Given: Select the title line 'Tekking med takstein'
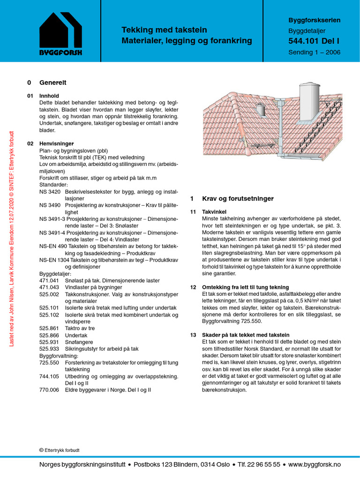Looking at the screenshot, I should point(164,30).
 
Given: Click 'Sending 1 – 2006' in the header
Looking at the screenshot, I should point(314,52).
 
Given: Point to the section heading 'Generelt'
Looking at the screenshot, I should point(53,82).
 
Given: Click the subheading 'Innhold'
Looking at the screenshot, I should point(49,96).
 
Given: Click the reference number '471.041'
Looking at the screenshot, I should point(49,280).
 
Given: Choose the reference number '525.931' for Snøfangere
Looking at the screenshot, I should point(49,342).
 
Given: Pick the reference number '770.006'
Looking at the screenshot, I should point(49,390).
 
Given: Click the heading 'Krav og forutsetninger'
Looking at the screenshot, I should point(238,199).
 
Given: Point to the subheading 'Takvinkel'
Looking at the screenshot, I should point(214,212).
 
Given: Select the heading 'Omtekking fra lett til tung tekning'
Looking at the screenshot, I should point(246,287).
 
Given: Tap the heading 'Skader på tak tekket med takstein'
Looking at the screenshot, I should point(246,335).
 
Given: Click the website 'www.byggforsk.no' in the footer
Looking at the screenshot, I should point(315,464).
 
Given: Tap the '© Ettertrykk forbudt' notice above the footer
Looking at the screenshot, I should point(60,450).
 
